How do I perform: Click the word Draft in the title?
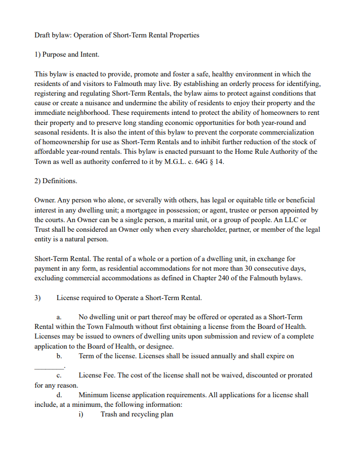[43, 35]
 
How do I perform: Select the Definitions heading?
[59, 181]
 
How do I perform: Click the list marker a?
[59, 317]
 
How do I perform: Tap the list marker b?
[59, 356]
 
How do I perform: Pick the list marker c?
[59, 375]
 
